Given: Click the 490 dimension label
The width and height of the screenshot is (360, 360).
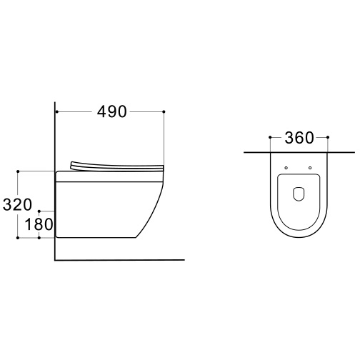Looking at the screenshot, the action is [x=112, y=112].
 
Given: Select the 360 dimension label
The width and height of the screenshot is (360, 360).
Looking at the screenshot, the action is [x=299, y=138].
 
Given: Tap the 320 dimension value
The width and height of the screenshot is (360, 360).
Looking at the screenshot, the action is [x=17, y=204].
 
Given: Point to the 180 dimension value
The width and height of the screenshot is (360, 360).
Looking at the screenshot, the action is [x=39, y=224].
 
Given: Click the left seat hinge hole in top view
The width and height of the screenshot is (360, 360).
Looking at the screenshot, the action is [x=286, y=168].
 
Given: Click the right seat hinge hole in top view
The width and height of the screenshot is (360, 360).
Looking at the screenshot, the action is [x=310, y=168].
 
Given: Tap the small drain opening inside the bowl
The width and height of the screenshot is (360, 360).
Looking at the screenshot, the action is [x=299, y=194].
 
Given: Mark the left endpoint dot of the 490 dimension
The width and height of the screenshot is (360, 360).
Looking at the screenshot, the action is [x=57, y=111].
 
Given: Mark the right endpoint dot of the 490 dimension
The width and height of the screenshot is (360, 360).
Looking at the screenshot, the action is [x=164, y=111].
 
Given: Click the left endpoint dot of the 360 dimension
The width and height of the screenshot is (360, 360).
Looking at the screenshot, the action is [x=270, y=137].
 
